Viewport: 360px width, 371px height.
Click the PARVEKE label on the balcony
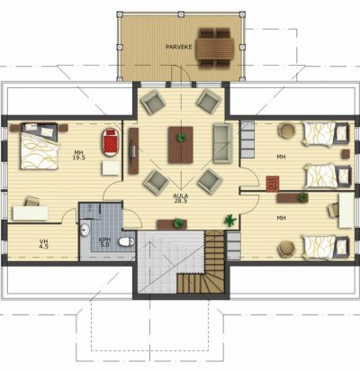click(178, 47)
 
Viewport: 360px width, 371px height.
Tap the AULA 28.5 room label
click(180, 198)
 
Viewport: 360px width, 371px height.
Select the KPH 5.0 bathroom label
click(104, 242)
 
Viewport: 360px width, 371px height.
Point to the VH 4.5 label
click(44, 244)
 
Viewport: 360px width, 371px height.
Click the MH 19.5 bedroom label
click(78, 155)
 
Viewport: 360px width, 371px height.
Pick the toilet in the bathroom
click(126, 241)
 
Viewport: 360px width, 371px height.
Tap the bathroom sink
click(85, 231)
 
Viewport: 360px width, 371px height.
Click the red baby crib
click(112, 142)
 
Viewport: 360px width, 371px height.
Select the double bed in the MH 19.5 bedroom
click(39, 146)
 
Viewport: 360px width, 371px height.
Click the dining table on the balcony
click(215, 49)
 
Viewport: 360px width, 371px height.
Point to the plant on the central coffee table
click(181, 138)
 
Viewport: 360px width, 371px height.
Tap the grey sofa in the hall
click(223, 143)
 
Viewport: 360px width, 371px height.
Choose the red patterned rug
click(273, 183)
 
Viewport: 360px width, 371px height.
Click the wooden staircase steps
click(204, 266)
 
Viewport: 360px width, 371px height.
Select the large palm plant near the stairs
click(230, 221)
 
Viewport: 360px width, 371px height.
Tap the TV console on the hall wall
click(133, 150)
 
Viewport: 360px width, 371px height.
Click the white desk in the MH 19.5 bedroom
click(31, 213)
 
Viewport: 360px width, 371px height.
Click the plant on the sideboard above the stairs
click(178, 223)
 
